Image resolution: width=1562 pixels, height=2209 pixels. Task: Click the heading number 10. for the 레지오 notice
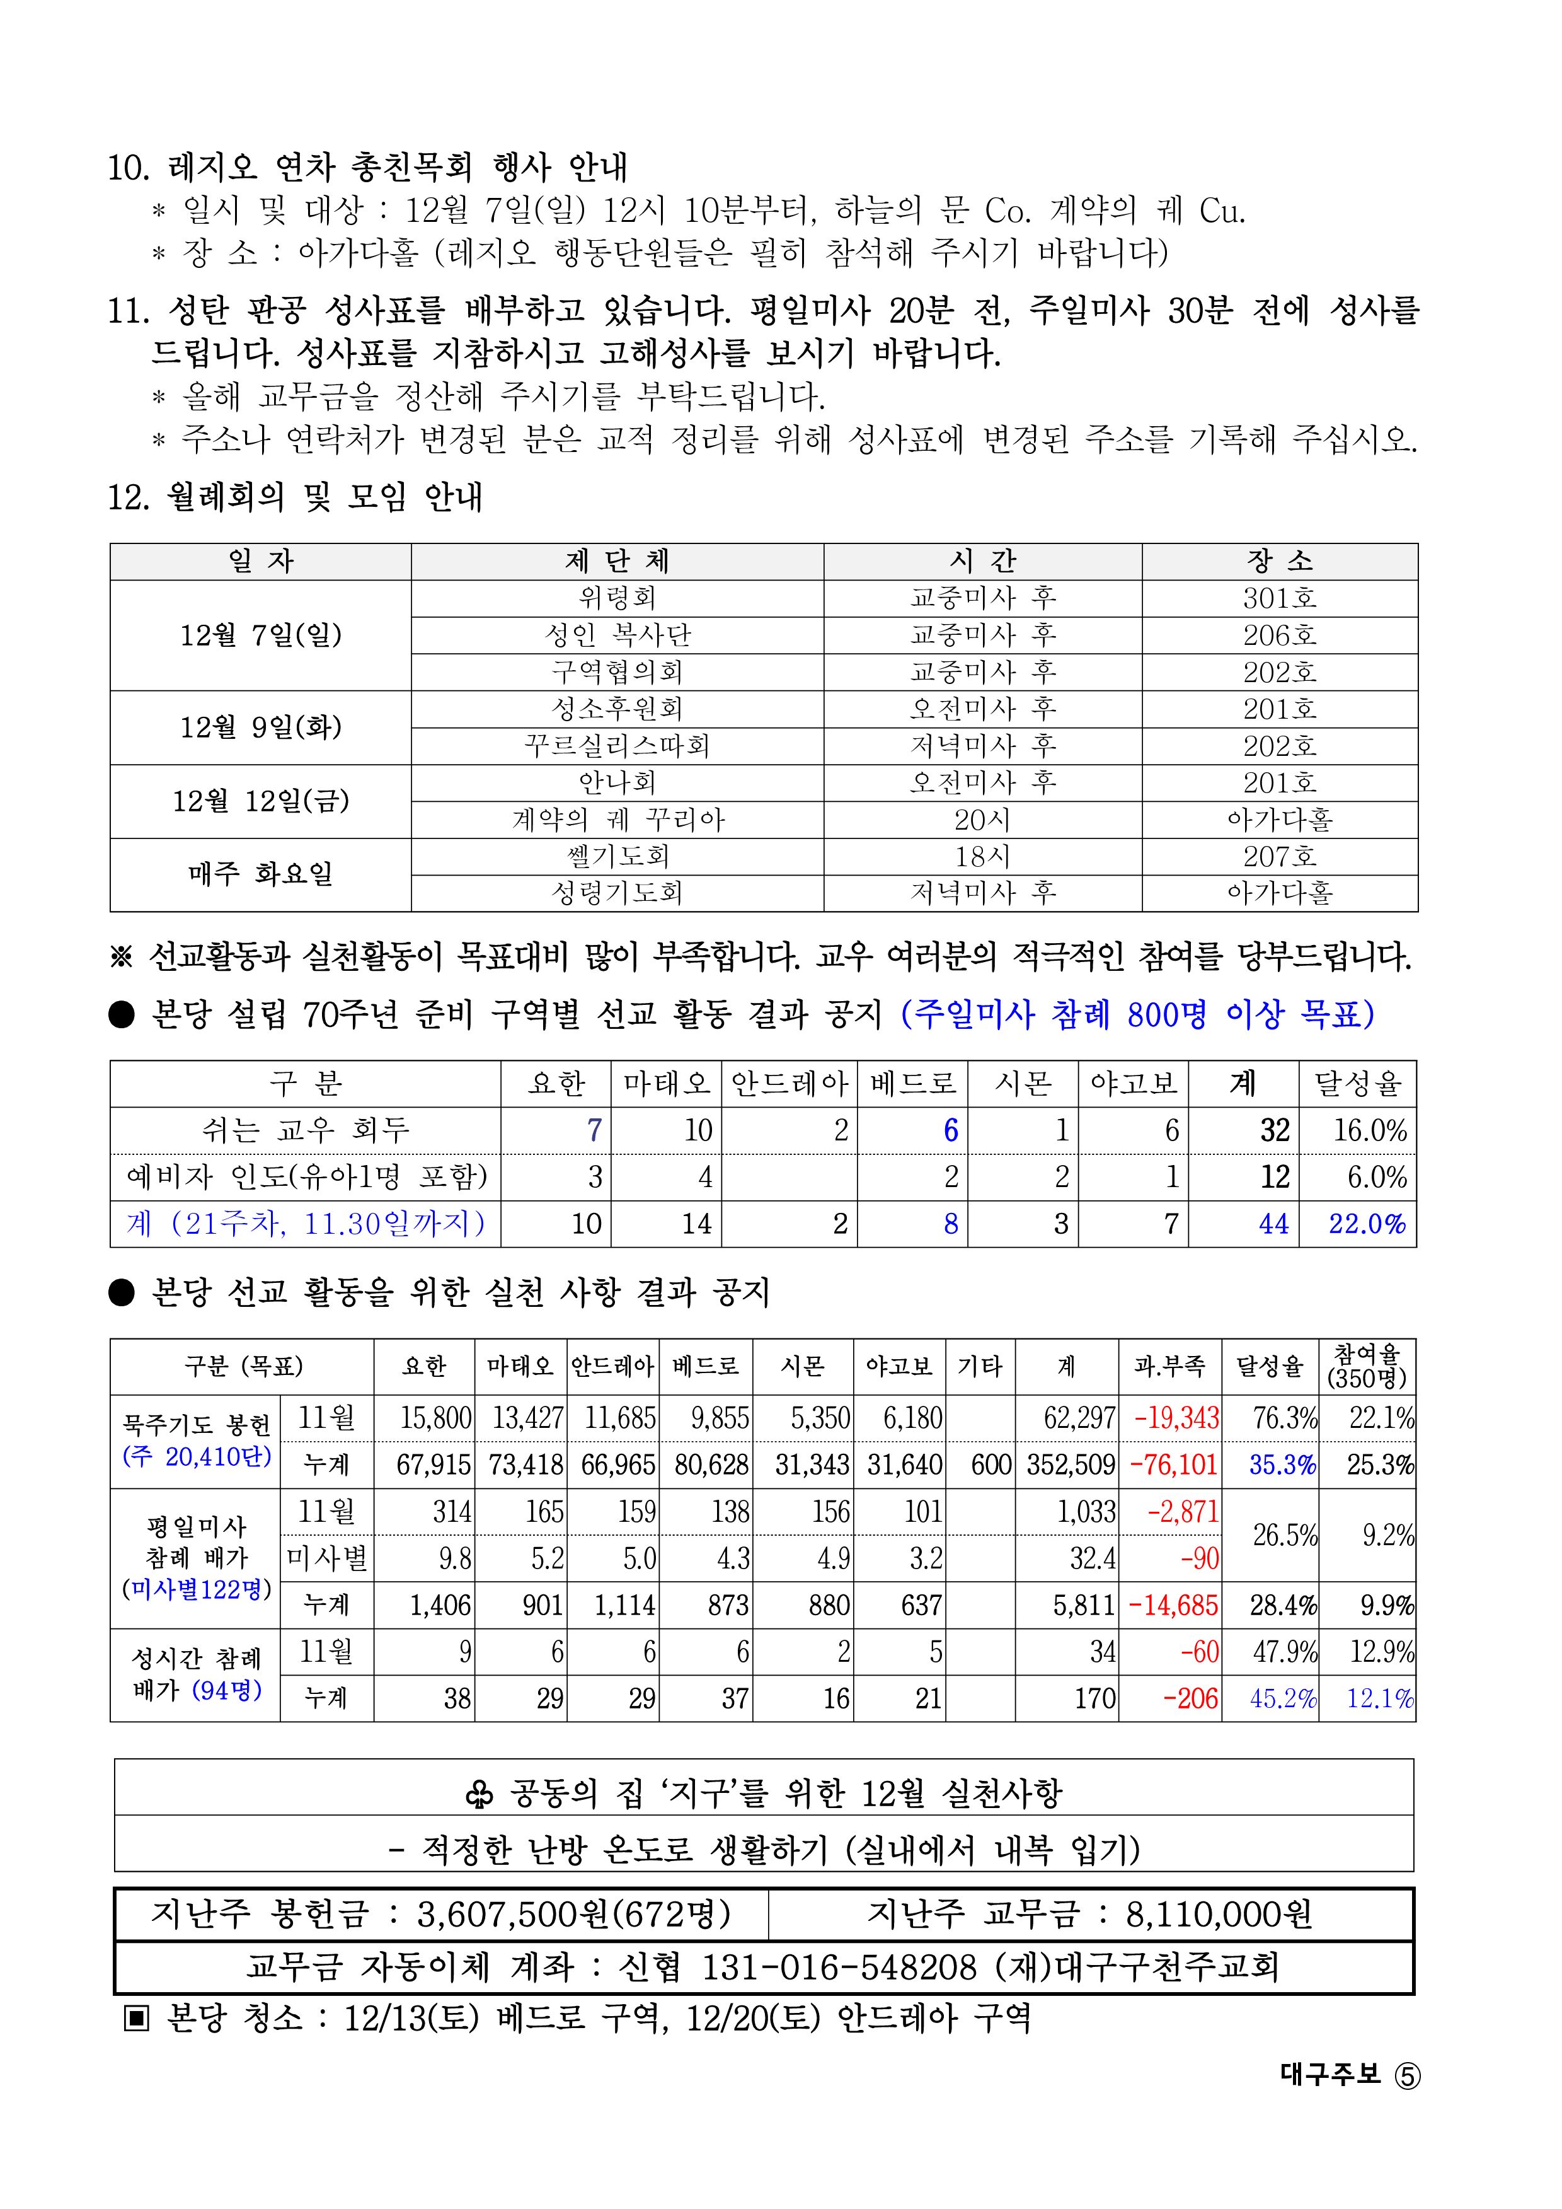pyautogui.click(x=128, y=168)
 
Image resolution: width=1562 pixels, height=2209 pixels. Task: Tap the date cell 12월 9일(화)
pyautogui.click(x=261, y=728)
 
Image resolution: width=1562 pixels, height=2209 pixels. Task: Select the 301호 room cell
pyautogui.click(x=1279, y=598)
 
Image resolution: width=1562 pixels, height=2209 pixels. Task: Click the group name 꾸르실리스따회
pyautogui.click(x=616, y=746)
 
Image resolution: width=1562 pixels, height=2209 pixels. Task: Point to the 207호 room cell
pyautogui.click(x=1279, y=856)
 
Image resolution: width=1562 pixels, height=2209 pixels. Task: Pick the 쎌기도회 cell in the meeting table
pyautogui.click(x=616, y=856)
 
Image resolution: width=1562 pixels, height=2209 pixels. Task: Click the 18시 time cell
pyautogui.click(x=982, y=856)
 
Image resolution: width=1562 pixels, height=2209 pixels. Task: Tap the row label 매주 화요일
pyautogui.click(x=261, y=874)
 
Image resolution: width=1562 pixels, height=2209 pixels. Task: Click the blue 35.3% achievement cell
pyautogui.click(x=1282, y=1465)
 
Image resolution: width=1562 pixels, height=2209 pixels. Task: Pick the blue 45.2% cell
pyautogui.click(x=1282, y=1699)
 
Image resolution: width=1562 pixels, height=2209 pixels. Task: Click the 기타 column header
pyautogui.click(x=980, y=1366)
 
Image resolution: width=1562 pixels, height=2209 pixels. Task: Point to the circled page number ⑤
pyautogui.click(x=1406, y=2076)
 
